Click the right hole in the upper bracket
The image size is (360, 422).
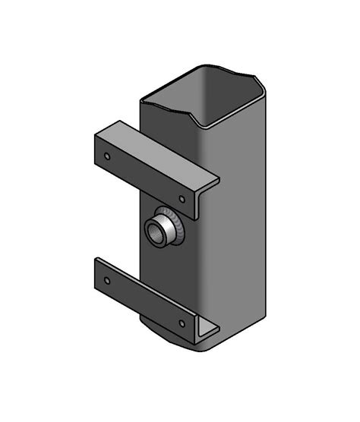coord(182,199)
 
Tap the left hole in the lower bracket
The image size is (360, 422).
coord(107,280)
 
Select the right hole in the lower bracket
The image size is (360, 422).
coord(182,323)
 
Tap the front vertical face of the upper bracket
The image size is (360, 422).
coord(144,176)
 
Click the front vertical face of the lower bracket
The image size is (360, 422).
coord(144,301)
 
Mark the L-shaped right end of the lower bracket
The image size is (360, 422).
coord(206,332)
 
